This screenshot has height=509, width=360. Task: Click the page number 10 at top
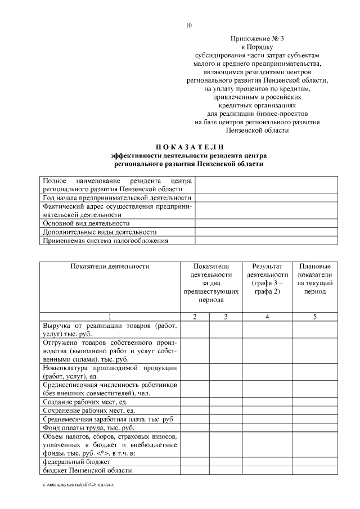tap(189, 25)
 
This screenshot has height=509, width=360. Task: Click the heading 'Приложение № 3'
tap(257, 38)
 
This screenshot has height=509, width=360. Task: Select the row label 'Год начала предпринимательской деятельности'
tap(117, 198)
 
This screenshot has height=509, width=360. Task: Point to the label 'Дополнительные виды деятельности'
tap(100, 232)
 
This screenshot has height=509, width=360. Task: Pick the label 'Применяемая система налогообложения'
tap(106, 241)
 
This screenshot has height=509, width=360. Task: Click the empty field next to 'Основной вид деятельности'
tap(266, 223)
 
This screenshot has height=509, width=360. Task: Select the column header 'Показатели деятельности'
tap(110, 266)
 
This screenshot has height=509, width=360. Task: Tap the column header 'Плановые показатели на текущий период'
tap(314, 279)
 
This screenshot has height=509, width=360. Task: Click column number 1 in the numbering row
tap(110, 317)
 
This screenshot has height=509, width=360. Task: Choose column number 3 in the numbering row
tap(225, 317)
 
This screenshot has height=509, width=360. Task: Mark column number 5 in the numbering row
tap(314, 317)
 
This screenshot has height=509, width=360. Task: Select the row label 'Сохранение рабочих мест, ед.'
tap(88, 411)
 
